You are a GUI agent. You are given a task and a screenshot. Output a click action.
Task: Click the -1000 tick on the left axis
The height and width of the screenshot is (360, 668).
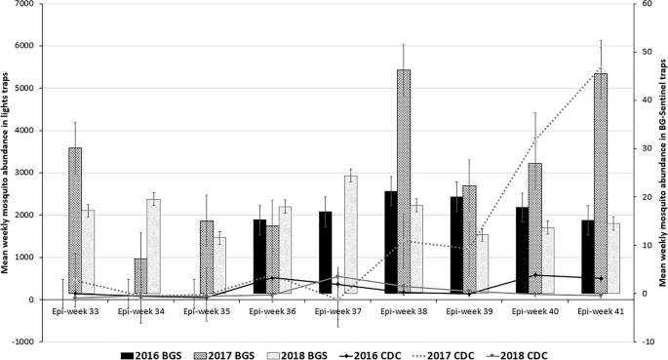coord(28,342)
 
